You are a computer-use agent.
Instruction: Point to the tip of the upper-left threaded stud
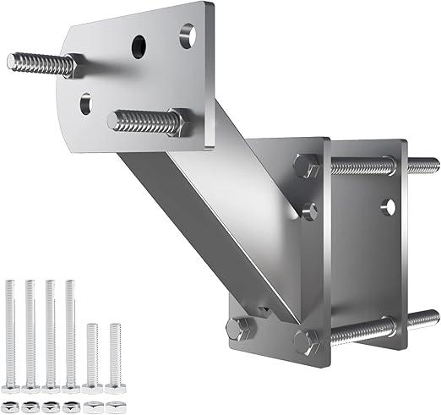click(x=12, y=60)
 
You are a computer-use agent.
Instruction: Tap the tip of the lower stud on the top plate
click(x=113, y=122)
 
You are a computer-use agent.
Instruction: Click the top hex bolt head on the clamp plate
click(x=306, y=165)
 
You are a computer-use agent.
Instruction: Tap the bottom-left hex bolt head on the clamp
click(x=237, y=329)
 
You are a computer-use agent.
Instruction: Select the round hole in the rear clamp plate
click(x=388, y=205)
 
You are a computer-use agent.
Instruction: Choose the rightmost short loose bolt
click(x=115, y=356)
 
